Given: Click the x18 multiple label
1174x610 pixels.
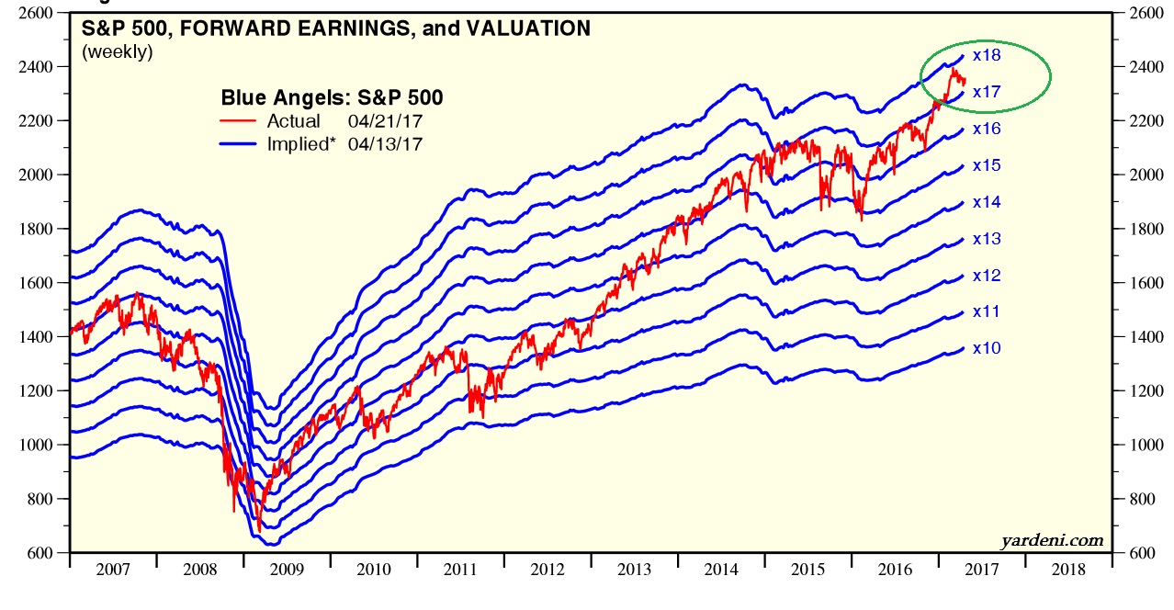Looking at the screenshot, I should point(986,55).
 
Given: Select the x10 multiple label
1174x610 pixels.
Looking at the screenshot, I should point(986,348).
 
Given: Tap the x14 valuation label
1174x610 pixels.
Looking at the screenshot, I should point(986,202).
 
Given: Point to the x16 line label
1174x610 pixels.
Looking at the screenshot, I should point(986,129).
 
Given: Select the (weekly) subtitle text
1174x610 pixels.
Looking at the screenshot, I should point(118,52).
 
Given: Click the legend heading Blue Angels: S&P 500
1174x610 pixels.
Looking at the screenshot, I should point(333,98).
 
